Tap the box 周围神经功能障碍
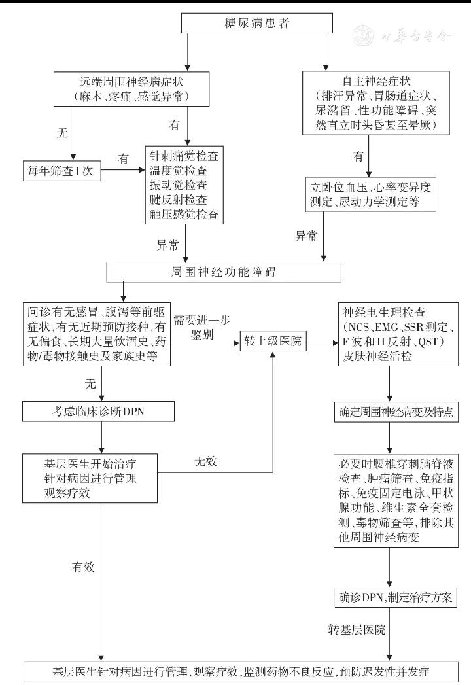(223, 272)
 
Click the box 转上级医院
(273, 342)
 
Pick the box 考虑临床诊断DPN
(99, 411)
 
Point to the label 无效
(205, 461)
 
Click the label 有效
(83, 567)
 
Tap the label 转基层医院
(357, 630)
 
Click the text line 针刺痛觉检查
(184, 157)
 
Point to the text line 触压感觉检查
(184, 214)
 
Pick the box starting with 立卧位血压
(371, 195)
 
